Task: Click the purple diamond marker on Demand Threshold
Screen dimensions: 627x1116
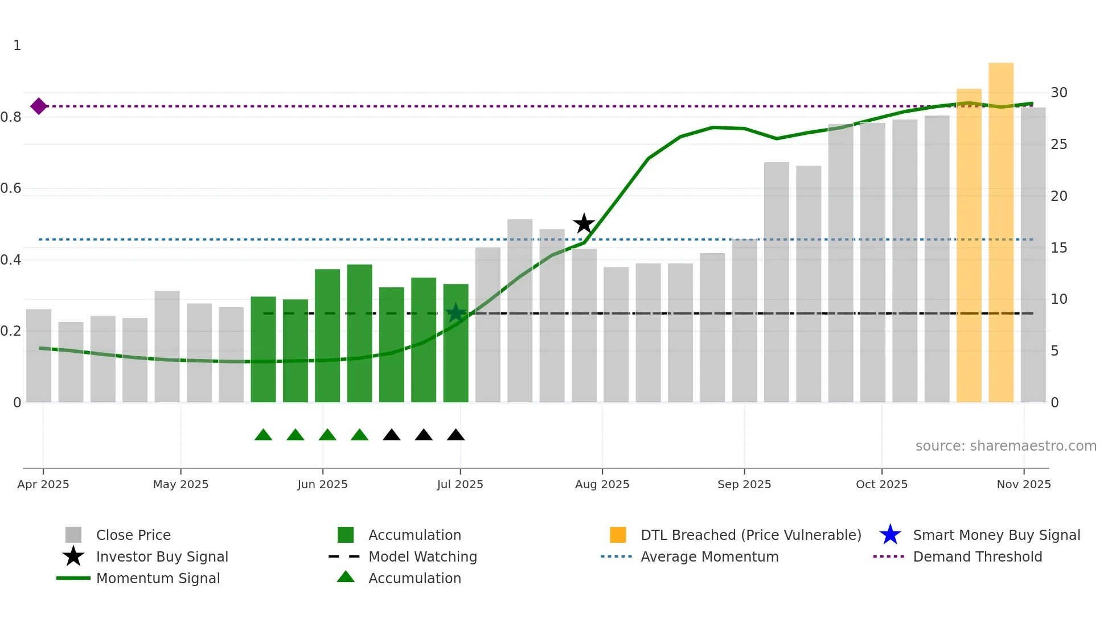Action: (x=39, y=106)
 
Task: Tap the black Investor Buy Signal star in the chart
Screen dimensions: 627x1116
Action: (x=584, y=224)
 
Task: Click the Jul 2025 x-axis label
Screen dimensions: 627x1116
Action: (x=460, y=484)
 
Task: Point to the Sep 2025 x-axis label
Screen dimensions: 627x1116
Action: (x=744, y=484)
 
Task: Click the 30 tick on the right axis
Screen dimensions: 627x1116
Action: (x=1059, y=93)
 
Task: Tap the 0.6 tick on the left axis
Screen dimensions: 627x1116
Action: (x=11, y=188)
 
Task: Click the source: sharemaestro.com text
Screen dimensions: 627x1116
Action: (x=1006, y=446)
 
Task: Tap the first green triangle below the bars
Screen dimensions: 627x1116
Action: (x=263, y=435)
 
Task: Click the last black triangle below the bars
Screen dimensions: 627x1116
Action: (x=456, y=435)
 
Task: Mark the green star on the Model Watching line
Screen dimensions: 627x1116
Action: (x=456, y=313)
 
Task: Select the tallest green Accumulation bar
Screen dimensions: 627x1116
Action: (x=359, y=333)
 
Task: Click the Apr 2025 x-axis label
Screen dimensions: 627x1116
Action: (x=43, y=484)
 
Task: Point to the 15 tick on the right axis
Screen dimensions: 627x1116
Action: (x=1059, y=248)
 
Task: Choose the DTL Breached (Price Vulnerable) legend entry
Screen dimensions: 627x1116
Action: (x=750, y=535)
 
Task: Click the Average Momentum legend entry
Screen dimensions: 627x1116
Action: (x=709, y=557)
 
